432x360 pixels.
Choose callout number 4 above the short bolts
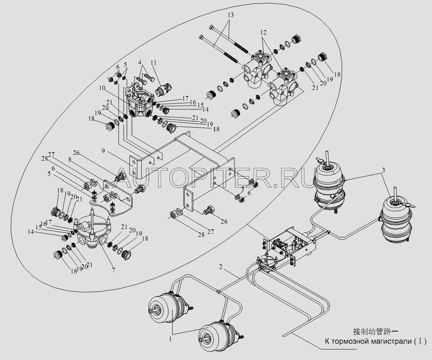click(x=140, y=62)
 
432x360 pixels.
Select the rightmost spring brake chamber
click(x=397, y=220)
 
